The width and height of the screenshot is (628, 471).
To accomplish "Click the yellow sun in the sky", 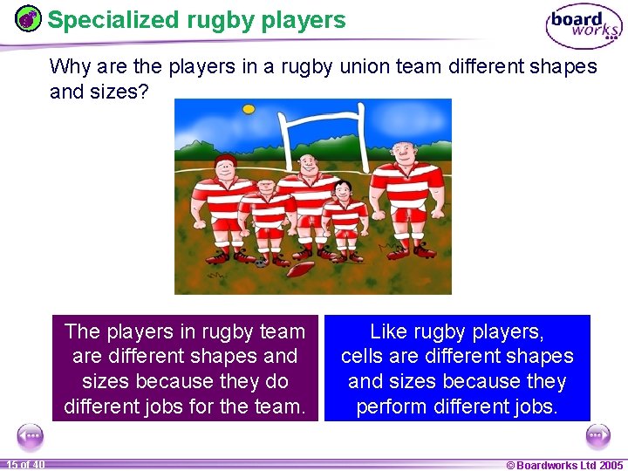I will (x=249, y=109).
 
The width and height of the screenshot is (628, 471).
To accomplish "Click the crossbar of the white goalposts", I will (x=321, y=120).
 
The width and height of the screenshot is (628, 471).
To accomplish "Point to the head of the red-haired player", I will (x=225, y=165).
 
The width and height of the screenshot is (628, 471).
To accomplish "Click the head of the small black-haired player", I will (x=343, y=188).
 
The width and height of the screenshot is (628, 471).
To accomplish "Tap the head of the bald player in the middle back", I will (x=308, y=163).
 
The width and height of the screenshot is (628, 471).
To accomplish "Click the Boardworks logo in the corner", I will (x=584, y=26).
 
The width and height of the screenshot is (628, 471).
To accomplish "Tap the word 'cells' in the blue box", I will (x=365, y=357).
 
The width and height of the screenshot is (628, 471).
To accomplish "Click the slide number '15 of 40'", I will (x=25, y=464).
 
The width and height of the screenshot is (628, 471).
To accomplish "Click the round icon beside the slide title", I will (x=29, y=19).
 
